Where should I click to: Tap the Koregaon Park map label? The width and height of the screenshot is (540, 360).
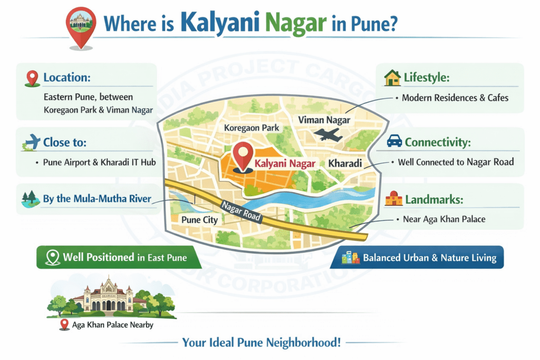tap(252, 128)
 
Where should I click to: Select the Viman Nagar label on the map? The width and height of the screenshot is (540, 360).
tap(324, 120)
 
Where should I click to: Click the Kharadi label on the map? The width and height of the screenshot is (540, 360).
tap(345, 163)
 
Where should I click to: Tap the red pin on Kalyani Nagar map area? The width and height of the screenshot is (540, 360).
tap(243, 154)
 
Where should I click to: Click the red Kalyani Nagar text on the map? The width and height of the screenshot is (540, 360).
tap(285, 163)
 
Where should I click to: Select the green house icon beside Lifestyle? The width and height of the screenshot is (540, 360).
tap(392, 78)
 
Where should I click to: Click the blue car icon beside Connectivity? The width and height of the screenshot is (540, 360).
tap(394, 141)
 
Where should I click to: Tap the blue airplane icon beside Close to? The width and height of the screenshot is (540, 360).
tap(32, 142)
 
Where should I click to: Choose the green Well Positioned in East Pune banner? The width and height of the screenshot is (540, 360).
tap(112, 258)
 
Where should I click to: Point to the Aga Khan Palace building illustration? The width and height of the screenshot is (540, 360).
tap(110, 296)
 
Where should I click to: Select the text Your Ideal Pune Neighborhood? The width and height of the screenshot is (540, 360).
tap(261, 343)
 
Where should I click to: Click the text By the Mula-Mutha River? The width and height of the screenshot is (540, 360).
tap(97, 199)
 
